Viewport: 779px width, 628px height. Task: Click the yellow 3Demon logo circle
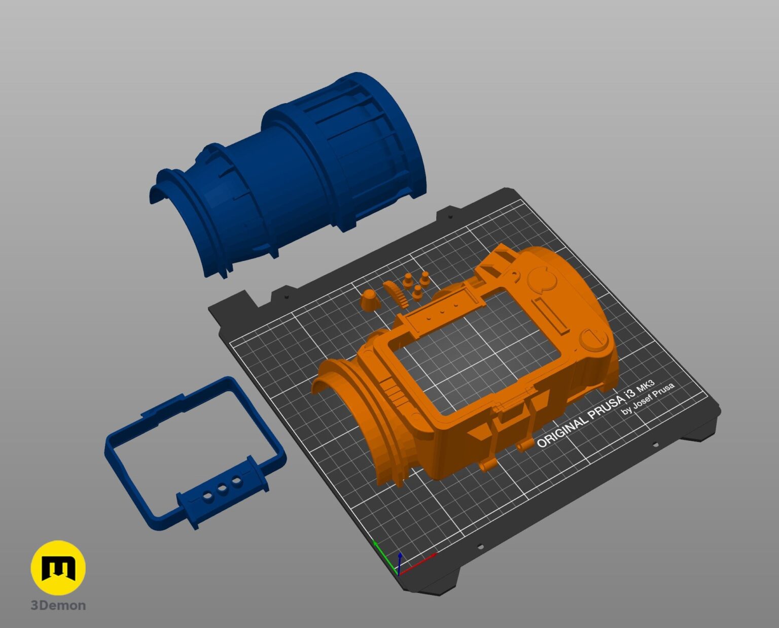coord(58,568)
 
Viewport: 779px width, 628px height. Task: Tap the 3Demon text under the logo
coord(58,606)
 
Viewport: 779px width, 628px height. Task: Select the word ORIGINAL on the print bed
coord(562,432)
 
